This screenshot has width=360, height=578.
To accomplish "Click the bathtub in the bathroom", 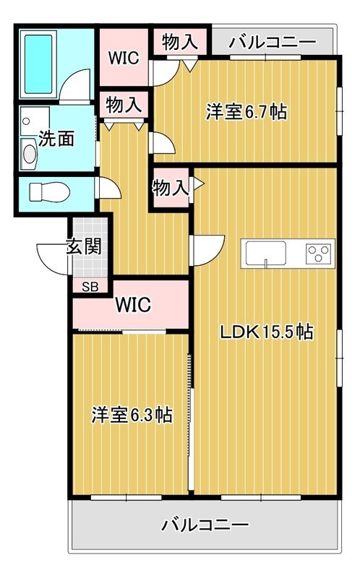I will [39, 64].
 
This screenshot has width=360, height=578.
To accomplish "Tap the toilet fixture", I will [48, 192].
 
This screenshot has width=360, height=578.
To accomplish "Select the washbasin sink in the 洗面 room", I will [30, 153].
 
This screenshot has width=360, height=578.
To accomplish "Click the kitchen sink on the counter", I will [265, 254].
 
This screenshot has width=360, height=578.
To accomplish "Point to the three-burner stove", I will [317, 254].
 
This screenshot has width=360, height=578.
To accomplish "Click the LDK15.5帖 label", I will [266, 332].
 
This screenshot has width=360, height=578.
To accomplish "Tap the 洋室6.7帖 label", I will [246, 112].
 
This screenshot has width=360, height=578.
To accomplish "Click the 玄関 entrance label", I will [84, 246].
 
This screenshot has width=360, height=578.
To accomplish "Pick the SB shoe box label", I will [90, 286].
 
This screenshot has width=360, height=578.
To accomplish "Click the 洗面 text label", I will [56, 138].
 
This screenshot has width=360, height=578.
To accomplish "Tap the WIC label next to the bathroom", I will [123, 58].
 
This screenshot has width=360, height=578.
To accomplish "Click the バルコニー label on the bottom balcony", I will [205, 524].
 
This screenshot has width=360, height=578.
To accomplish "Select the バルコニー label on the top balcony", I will [272, 42].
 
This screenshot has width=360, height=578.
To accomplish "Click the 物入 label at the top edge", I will [179, 41].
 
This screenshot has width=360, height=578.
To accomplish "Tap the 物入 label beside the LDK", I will [170, 189].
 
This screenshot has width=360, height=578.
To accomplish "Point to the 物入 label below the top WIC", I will [124, 105].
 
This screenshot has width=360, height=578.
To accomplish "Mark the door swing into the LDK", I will [202, 250].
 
